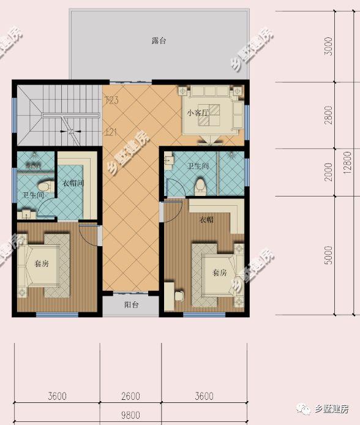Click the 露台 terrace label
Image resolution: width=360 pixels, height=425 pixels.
[x=159, y=41]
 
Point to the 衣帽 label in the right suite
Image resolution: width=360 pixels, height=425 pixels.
[x=206, y=220]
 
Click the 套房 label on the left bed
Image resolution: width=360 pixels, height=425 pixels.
[x=41, y=265]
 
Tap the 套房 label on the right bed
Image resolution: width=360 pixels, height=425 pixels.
[x=220, y=272]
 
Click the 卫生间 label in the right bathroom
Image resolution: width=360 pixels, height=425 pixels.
[x=198, y=166]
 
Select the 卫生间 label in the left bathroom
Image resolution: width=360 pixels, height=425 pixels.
[x=33, y=195]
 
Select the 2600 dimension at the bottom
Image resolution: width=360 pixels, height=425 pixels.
[x=130, y=396]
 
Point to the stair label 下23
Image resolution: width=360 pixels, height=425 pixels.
[x=111, y=100]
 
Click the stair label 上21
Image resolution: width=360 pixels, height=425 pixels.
[x=111, y=132]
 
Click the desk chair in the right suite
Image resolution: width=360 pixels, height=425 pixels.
[x=179, y=296]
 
